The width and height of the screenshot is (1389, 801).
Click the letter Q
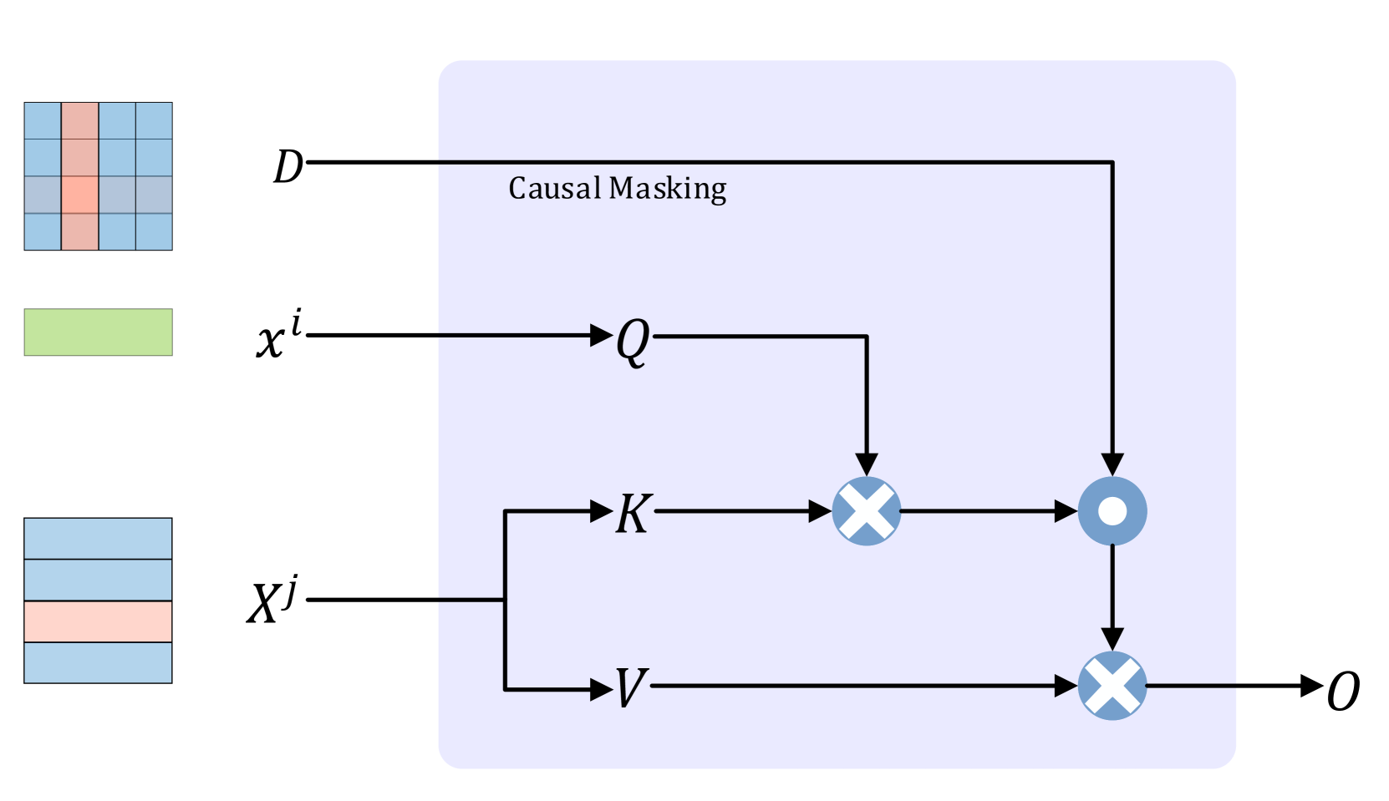click(x=633, y=341)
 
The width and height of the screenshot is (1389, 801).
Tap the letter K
click(x=633, y=513)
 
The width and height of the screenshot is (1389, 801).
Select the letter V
click(x=631, y=688)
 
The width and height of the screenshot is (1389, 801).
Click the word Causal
click(x=554, y=188)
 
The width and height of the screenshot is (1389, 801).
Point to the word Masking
click(x=668, y=189)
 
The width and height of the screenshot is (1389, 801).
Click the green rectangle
click(x=98, y=332)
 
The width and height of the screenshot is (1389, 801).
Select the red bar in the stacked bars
click(x=98, y=621)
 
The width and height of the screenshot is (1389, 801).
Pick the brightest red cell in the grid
click(x=80, y=195)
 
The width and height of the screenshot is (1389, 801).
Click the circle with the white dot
click(x=1112, y=511)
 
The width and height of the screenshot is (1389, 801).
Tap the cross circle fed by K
click(x=867, y=511)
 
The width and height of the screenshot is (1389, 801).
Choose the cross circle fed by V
click(x=1112, y=686)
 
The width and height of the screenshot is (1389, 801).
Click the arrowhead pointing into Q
click(x=602, y=336)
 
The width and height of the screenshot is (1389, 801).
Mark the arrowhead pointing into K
click(x=602, y=511)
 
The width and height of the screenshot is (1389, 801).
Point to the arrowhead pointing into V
click(x=602, y=690)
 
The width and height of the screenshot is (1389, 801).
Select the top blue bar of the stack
click(x=98, y=539)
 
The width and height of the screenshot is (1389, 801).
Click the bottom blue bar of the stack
click(x=98, y=662)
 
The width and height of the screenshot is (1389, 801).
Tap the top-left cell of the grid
click(x=43, y=121)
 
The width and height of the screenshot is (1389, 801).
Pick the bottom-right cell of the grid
click(x=154, y=231)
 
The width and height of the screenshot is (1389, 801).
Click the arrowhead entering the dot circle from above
click(x=1112, y=464)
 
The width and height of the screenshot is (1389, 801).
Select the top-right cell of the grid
click(x=154, y=121)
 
